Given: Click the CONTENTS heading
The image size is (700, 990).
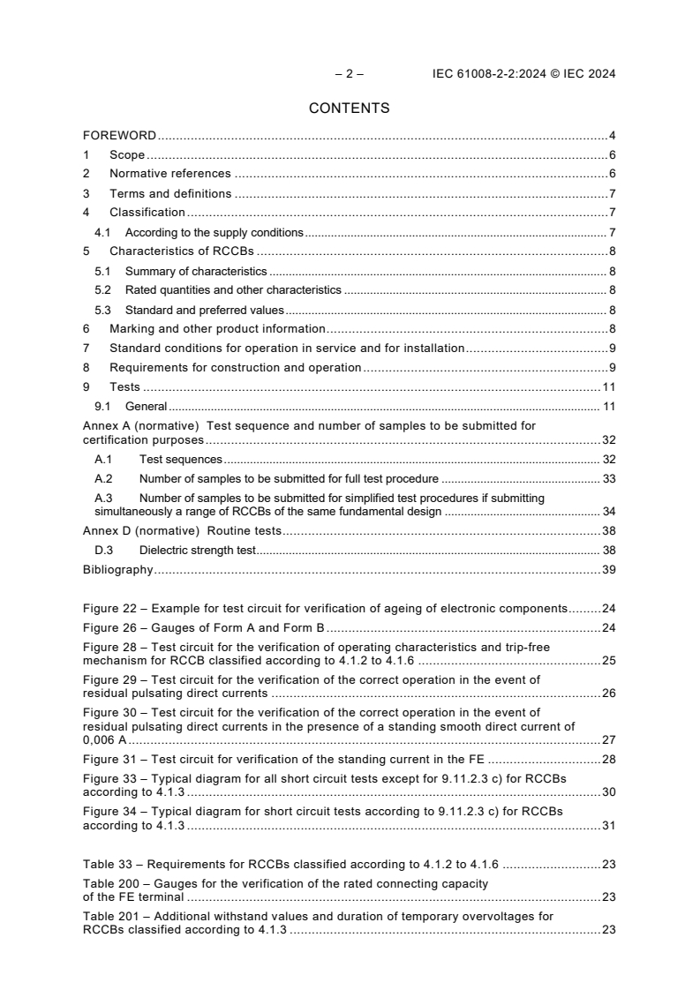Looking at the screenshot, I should (350, 109).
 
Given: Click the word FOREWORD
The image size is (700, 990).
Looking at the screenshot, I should (119, 136).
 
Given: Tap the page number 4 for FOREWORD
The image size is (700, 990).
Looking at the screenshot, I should (612, 136).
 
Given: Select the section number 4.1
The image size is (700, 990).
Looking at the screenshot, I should (102, 233).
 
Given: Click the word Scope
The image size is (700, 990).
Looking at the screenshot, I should (127, 155).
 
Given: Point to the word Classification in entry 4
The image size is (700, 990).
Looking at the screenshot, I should (147, 213).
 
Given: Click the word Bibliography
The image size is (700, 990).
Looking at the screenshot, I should (118, 570).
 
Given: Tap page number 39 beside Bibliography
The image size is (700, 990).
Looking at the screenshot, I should (608, 570).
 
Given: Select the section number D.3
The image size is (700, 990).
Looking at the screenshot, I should (104, 551).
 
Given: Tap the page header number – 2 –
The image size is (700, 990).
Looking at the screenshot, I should (350, 74).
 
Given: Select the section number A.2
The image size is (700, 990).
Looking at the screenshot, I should (104, 479).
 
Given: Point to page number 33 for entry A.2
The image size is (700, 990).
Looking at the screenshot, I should (608, 479).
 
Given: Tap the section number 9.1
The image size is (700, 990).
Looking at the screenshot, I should (102, 407).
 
